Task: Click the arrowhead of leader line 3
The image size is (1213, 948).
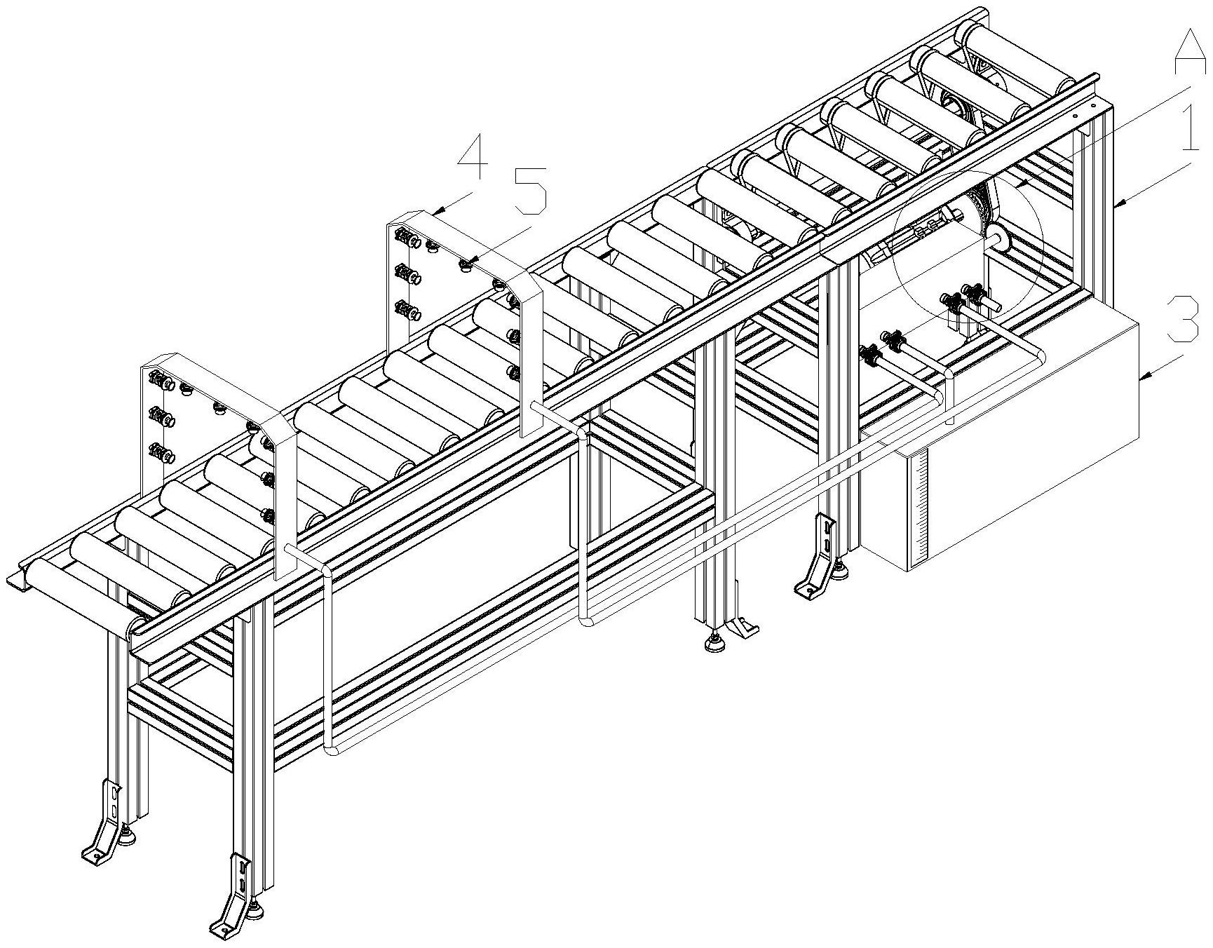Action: (1141, 379)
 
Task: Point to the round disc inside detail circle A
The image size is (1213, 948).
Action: (996, 239)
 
